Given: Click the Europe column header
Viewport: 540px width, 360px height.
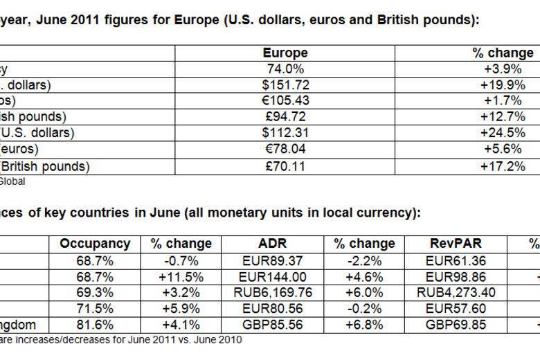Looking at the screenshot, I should pos(285,53).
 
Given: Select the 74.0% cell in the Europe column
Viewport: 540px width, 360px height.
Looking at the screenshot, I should pos(285,69).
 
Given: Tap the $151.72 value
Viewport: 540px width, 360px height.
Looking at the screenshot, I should pos(285,85).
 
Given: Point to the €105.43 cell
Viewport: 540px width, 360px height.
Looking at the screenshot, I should pos(285,101).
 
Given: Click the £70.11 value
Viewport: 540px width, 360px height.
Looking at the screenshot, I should pos(285,166).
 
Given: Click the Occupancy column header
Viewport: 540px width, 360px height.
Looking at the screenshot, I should pos(95,244).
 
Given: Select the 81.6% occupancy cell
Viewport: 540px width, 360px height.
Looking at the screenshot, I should pos(95,325).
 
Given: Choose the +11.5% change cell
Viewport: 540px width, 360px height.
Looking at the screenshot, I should pos(175,277).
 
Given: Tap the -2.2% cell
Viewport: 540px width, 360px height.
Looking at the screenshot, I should pos(363,261).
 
